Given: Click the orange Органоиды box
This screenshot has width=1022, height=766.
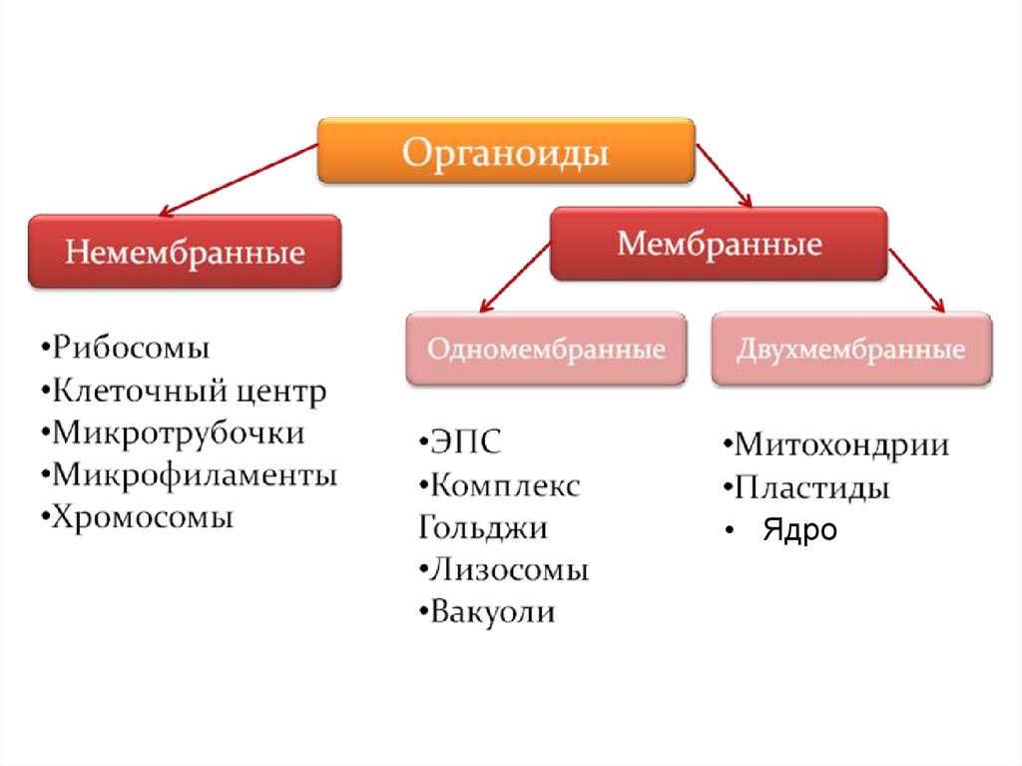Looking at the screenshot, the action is pyautogui.click(x=506, y=152).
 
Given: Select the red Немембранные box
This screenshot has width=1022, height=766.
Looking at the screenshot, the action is pyautogui.click(x=185, y=251).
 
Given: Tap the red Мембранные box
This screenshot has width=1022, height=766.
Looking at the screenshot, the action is pyautogui.click(x=719, y=244).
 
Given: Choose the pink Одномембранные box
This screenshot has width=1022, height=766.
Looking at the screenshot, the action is pyautogui.click(x=546, y=350).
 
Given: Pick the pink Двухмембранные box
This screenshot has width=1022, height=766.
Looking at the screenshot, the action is pyautogui.click(x=851, y=350).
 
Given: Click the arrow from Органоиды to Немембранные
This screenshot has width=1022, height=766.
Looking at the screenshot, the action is pyautogui.click(x=240, y=180).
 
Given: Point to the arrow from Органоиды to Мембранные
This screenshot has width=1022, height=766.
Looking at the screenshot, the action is pyautogui.click(x=724, y=176).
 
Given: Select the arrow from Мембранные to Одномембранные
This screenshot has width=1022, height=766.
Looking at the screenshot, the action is pyautogui.click(x=516, y=280).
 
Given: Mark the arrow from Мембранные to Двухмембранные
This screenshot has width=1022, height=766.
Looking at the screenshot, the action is pyautogui.click(x=916, y=280).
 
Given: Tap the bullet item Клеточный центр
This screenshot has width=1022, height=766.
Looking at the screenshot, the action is pyautogui.click(x=190, y=391).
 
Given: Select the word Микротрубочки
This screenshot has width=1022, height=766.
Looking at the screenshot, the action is pyautogui.click(x=179, y=433).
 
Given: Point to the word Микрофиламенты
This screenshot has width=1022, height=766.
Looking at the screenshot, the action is pyautogui.click(x=195, y=475).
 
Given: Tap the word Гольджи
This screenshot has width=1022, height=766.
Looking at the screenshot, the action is pyautogui.click(x=483, y=527).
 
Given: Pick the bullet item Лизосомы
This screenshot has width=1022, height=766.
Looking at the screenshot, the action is pyautogui.click(x=509, y=570).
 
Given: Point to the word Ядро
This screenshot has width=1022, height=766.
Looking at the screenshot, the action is pyautogui.click(x=799, y=530).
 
